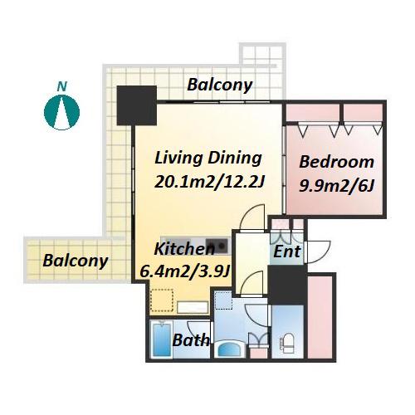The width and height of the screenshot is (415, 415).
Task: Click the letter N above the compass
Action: (62, 86)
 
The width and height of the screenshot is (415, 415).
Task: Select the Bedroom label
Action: (336, 162)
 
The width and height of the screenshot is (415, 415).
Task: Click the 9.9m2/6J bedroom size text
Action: (337, 186)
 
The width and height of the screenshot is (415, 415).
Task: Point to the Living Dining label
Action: (208, 159)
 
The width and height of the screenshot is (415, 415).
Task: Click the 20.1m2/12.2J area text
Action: (209, 182)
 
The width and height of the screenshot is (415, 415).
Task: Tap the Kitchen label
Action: (184, 249)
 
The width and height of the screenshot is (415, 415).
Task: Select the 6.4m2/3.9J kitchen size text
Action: (185, 271)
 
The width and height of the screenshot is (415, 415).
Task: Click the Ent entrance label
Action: (286, 251)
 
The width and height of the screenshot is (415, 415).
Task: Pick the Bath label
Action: (190, 340)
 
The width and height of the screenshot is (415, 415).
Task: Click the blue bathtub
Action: (161, 339)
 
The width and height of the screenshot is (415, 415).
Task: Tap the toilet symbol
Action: (286, 344)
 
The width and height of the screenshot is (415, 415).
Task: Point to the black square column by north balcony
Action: (137, 105)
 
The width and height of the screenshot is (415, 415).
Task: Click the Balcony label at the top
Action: (220, 85)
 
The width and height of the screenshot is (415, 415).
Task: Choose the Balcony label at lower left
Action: (76, 261)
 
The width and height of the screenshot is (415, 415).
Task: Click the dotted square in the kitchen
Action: (162, 300)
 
